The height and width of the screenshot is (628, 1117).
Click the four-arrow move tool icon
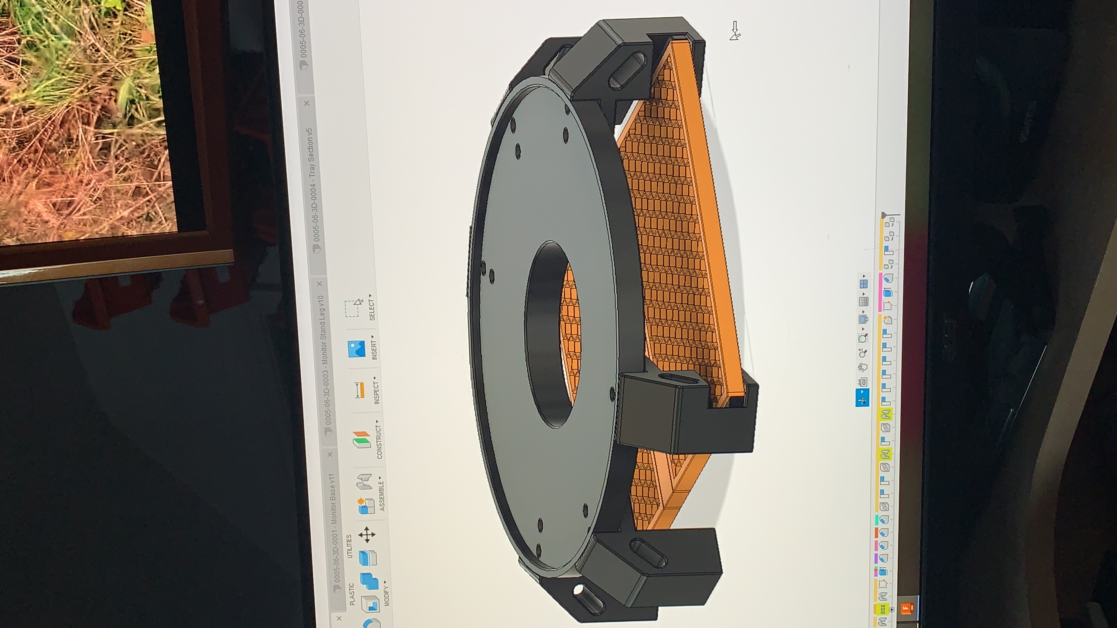[x=367, y=535]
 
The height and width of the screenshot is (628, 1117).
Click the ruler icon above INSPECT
[x=359, y=390]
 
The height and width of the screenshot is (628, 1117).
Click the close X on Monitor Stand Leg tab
[x=320, y=284]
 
